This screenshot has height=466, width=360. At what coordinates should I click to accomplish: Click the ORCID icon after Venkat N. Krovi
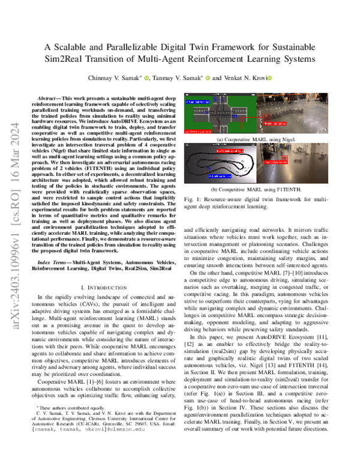pyautogui.click(x=270, y=78)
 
